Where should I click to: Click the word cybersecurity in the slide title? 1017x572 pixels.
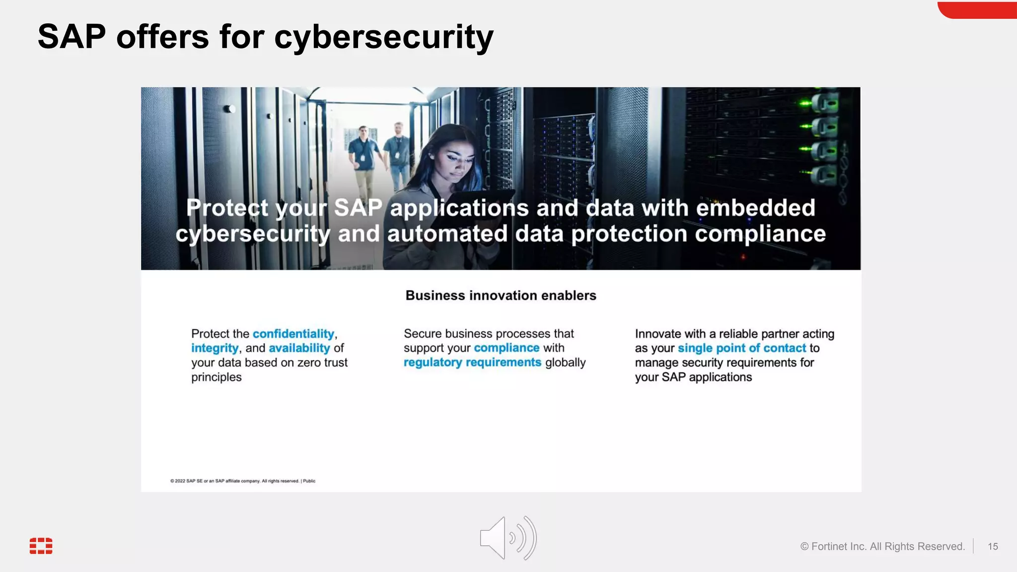[x=383, y=37]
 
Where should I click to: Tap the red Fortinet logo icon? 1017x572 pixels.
[x=41, y=545]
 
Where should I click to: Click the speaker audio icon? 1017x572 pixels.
[x=508, y=538]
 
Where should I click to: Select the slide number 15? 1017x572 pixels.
[x=993, y=546]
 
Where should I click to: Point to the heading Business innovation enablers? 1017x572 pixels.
[x=501, y=295]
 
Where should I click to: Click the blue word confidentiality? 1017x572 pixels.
[x=293, y=334]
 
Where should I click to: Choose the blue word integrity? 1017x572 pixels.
[x=215, y=348]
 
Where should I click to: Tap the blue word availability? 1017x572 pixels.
[x=299, y=348]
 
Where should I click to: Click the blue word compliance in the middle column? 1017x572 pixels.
[x=506, y=348]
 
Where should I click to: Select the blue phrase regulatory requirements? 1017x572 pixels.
[x=472, y=362]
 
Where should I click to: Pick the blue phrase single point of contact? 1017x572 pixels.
[x=741, y=348]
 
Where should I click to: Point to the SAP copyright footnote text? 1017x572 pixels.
[x=242, y=481]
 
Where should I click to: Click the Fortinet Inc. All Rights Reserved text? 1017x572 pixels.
[x=882, y=546]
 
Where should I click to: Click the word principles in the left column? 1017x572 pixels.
[x=216, y=377]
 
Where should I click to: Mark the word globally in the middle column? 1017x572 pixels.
[x=565, y=362]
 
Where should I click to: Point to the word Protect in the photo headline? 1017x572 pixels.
[x=227, y=208]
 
